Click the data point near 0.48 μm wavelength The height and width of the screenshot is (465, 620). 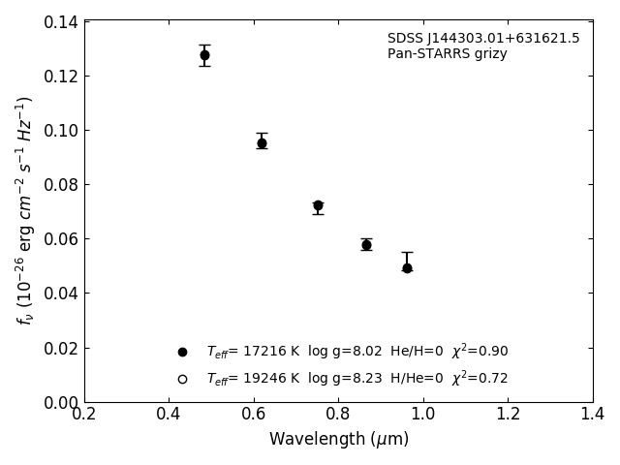click(x=204, y=55)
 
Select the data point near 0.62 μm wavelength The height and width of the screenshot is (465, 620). click(x=262, y=143)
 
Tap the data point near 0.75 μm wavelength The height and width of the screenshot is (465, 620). click(x=318, y=205)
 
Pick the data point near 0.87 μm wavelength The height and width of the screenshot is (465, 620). click(x=366, y=245)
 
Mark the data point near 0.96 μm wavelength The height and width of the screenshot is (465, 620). click(x=407, y=267)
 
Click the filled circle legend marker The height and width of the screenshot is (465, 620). click(x=182, y=352)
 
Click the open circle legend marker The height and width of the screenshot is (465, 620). click(x=182, y=379)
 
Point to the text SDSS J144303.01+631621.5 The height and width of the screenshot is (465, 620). click(x=483, y=39)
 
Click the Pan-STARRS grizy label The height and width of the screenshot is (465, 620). click(x=447, y=54)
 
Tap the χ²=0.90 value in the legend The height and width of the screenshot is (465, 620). click(x=480, y=351)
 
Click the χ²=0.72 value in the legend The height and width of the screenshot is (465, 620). click(x=480, y=378)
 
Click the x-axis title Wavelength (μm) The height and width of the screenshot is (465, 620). click(x=339, y=440)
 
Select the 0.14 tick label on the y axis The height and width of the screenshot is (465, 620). click(x=60, y=21)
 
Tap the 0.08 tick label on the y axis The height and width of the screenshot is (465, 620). click(x=60, y=184)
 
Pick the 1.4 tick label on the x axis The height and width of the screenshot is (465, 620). click(x=593, y=415)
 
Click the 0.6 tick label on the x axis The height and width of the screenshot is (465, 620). click(x=254, y=415)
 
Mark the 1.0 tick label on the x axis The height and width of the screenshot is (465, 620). click(x=423, y=415)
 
